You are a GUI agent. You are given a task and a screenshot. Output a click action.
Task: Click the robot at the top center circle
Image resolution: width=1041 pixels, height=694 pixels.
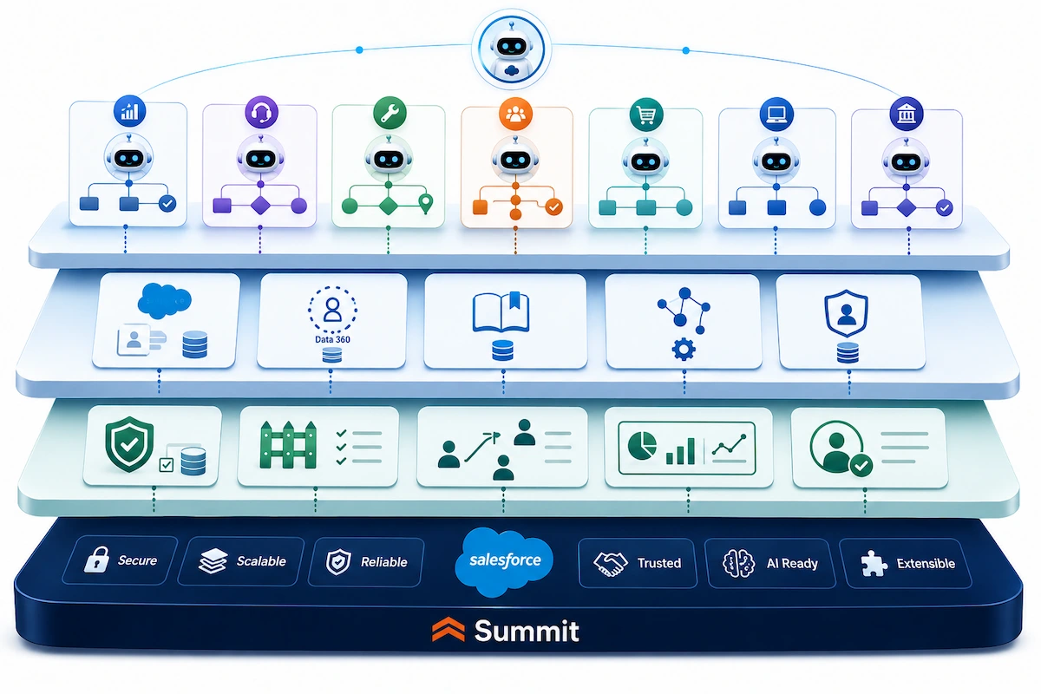click(x=512, y=50)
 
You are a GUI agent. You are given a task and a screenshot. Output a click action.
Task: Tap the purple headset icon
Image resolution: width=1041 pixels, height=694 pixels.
click(x=261, y=112)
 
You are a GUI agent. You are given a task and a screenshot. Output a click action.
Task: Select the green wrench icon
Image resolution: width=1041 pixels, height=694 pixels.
click(x=390, y=113)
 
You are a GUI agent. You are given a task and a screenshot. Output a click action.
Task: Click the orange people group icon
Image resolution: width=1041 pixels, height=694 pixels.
click(x=515, y=114)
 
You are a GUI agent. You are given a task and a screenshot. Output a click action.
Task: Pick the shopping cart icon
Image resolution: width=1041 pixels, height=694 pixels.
click(x=646, y=115)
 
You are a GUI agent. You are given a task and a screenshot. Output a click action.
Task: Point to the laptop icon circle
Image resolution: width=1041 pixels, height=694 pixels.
click(x=776, y=114)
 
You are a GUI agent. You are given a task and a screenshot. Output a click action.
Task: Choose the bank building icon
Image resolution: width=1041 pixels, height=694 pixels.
click(x=907, y=114)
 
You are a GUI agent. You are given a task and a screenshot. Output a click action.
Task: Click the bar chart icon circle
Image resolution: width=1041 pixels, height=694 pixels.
click(x=129, y=111)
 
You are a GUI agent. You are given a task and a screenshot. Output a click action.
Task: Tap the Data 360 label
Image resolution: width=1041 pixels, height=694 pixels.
click(x=332, y=339)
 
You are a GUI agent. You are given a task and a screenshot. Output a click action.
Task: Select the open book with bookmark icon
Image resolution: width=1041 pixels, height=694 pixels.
click(x=501, y=311)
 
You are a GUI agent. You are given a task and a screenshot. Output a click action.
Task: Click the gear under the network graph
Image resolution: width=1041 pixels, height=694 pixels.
click(x=684, y=349)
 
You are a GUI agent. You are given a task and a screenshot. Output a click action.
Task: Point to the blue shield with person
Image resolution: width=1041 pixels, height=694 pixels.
click(x=847, y=313)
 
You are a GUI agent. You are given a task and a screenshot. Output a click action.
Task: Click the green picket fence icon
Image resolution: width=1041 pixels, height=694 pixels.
click(x=288, y=445)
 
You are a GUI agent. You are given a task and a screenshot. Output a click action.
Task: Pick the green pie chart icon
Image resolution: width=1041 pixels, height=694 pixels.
click(x=642, y=445)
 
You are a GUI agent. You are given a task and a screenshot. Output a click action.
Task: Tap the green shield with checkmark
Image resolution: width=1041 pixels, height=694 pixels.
click(x=129, y=444)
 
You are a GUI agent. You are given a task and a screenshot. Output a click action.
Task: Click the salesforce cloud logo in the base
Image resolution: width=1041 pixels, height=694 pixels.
click(x=504, y=561)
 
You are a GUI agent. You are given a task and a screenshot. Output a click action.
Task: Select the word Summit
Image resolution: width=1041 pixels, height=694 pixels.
click(x=526, y=632)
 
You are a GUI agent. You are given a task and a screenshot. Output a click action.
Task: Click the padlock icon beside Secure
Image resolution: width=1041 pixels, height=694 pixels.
click(x=96, y=559)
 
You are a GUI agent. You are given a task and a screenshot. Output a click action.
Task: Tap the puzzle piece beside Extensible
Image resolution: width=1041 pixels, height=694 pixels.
click(x=874, y=563)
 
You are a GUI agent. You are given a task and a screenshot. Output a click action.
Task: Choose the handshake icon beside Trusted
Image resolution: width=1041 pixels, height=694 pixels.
click(x=610, y=564)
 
